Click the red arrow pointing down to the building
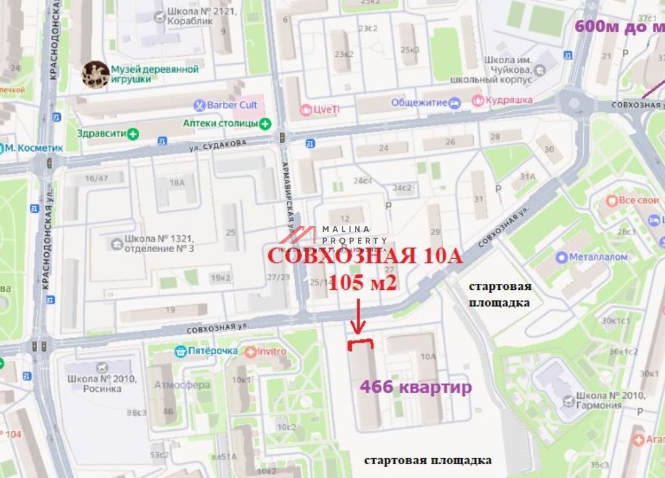358,315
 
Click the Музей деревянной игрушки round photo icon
95,74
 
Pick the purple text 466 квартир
415,388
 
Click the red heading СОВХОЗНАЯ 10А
364,256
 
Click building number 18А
177,183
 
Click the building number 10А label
428,357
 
